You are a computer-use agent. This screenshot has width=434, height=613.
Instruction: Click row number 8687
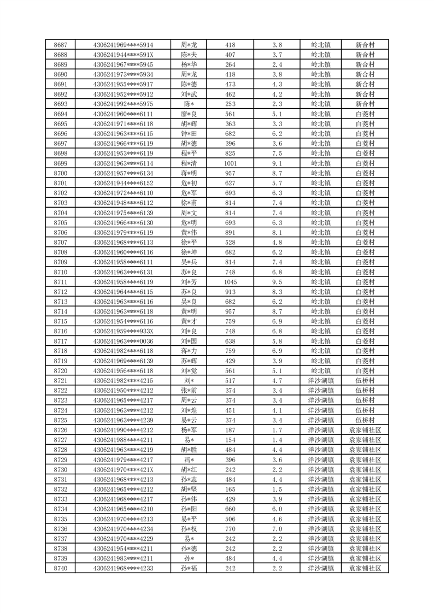click(x=61, y=45)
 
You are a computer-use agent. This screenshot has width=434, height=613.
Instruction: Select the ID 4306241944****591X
click(x=123, y=55)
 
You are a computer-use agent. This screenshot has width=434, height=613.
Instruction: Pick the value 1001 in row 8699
click(x=230, y=163)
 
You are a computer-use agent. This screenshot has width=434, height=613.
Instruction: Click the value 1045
click(x=230, y=282)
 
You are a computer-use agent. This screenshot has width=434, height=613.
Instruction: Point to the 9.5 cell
click(x=277, y=282)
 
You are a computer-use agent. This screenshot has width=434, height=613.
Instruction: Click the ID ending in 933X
click(x=123, y=331)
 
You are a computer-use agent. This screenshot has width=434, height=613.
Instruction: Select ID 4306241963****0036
click(x=123, y=341)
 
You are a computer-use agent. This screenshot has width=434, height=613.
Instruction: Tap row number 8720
click(x=61, y=370)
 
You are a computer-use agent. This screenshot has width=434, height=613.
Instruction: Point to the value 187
click(x=230, y=430)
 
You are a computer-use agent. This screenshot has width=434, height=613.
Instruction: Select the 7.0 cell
click(x=277, y=528)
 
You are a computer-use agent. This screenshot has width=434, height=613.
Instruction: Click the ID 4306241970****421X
click(x=123, y=469)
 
